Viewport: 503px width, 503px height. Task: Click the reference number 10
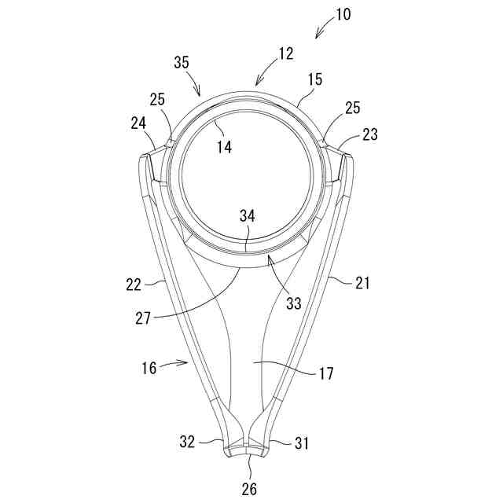tap(343, 15)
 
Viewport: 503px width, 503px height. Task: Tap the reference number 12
tap(285, 53)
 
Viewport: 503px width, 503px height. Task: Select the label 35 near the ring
tap(181, 64)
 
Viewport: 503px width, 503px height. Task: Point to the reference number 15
tap(314, 80)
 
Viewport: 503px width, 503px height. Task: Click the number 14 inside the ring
tap(225, 146)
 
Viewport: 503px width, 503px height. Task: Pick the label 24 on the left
tap(139, 123)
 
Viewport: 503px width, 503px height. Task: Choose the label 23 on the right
tap(370, 134)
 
